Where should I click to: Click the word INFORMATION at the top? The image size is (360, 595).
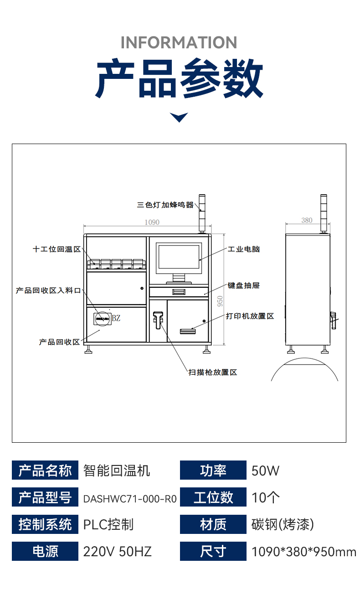[x=179, y=42]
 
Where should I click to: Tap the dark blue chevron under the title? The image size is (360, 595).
[x=179, y=117]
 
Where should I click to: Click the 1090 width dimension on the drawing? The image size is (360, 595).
[x=152, y=222]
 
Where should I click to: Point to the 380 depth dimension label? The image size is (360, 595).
[x=307, y=220]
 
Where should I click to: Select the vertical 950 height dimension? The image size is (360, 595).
[x=220, y=301]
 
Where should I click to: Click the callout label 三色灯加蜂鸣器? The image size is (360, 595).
[x=165, y=205]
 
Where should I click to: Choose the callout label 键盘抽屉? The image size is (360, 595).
[x=243, y=285]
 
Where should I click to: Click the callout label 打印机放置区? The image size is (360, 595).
[x=250, y=316]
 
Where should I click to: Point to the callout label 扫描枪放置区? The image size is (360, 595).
[x=213, y=373]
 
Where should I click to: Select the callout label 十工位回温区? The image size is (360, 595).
[x=57, y=249]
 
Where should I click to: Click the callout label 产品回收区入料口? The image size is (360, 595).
[x=48, y=290]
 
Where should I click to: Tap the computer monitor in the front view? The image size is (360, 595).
[x=178, y=258]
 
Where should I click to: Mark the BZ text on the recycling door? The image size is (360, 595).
[x=116, y=318]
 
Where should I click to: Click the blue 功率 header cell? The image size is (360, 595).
[x=213, y=471]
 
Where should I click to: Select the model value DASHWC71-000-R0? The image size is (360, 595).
[x=130, y=498]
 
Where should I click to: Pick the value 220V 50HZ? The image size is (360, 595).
[x=117, y=552]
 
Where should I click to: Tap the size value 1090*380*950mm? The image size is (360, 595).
[x=304, y=552]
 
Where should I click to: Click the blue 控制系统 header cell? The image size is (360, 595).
[x=45, y=524]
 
